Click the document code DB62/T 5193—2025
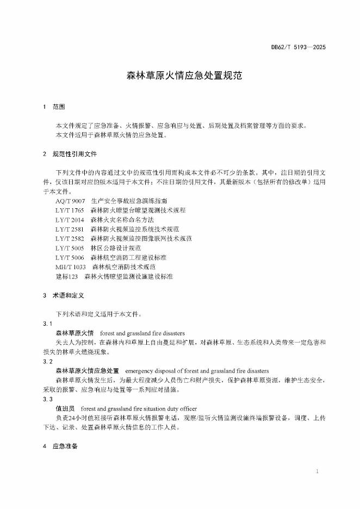click(x=299, y=48)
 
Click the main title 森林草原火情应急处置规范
click(x=180, y=77)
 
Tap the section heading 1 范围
click(x=54, y=107)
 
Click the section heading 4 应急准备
click(x=60, y=446)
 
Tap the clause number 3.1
click(x=47, y=324)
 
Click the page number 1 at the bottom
click(x=317, y=471)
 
